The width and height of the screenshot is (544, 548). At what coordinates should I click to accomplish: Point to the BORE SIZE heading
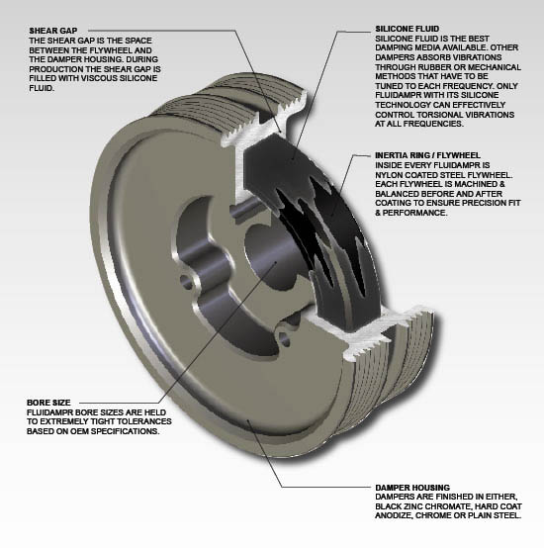(x=47, y=404)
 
